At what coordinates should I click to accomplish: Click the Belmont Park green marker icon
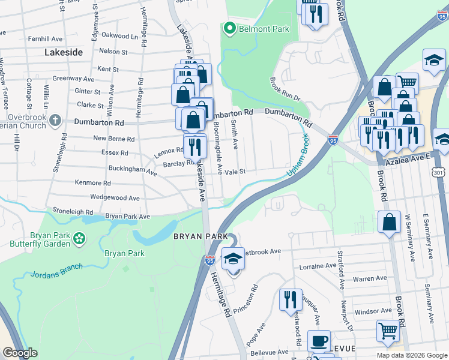pos(229,28)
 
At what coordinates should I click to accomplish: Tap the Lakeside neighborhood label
pos(64,53)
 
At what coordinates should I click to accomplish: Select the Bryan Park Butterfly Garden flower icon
pos(79,239)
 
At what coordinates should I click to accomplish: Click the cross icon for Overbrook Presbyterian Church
pos(55,121)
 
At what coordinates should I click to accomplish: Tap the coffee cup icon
pos(319,341)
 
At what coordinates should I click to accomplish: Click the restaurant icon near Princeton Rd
pos(291,299)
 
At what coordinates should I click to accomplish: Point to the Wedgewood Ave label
pos(115,197)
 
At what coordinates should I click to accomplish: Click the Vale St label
pos(235,172)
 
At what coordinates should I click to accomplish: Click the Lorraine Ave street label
pos(318,265)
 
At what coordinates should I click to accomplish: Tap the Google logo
pos(20,353)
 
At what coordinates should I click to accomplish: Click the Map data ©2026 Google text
pos(411,355)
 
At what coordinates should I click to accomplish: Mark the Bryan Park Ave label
pos(127,216)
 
